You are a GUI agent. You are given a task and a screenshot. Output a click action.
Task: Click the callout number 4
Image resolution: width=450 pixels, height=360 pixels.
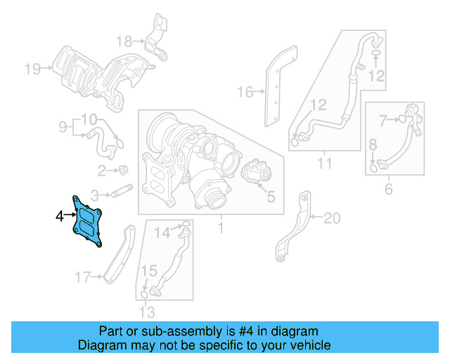point(60,216)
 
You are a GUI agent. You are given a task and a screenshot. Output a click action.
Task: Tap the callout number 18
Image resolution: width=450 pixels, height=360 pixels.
point(124,40)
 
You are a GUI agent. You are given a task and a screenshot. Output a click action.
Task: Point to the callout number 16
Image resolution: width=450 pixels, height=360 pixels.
point(244,91)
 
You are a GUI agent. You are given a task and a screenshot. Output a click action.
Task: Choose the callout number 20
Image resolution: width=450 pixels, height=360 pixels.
point(331,219)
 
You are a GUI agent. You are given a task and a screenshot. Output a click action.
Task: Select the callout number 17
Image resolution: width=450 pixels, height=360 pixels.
point(83,278)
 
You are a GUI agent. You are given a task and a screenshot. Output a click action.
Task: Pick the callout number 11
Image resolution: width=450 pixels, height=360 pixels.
point(324,165)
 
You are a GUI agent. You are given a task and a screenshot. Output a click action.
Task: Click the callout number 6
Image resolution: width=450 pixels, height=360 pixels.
point(389,188)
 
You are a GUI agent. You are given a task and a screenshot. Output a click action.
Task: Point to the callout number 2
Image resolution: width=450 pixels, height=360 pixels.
point(101,169)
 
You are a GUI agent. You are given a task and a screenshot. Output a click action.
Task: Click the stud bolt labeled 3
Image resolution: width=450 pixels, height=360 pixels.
point(122,189)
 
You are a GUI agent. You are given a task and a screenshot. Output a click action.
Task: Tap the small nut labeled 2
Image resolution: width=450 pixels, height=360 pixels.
point(122,169)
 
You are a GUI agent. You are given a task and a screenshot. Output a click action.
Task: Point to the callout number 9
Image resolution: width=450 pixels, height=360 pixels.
point(62,127)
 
